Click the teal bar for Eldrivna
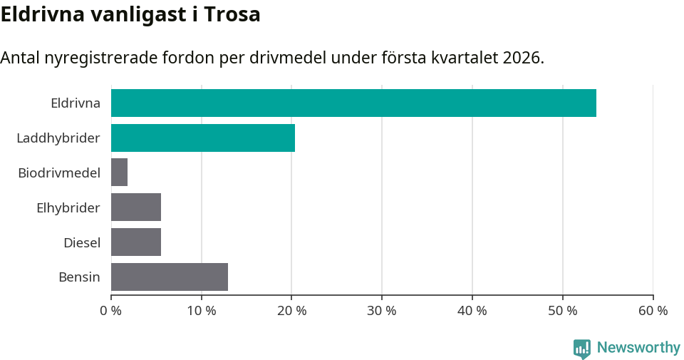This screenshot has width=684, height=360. (x=353, y=103)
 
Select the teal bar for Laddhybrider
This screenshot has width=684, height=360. (x=203, y=138)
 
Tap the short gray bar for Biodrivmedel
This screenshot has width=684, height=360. (x=119, y=173)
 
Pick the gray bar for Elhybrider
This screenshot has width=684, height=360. (x=136, y=207)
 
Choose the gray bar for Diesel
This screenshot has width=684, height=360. (x=136, y=242)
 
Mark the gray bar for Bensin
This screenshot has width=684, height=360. (x=170, y=277)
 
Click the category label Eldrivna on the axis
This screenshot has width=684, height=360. (x=76, y=103)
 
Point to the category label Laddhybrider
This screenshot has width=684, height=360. (x=58, y=138)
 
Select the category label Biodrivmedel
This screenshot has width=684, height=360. (x=59, y=173)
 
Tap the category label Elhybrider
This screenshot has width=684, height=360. (x=68, y=207)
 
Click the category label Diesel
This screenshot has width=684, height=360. (x=82, y=242)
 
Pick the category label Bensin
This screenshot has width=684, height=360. (x=79, y=277)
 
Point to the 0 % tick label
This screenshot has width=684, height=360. (x=111, y=311)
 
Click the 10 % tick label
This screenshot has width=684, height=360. (x=202, y=311)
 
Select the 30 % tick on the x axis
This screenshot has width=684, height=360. (x=382, y=311)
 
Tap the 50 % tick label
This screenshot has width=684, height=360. (x=563, y=311)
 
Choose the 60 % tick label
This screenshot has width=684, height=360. (x=653, y=311)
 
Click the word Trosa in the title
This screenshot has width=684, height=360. (x=232, y=14)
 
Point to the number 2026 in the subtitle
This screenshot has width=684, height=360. (x=521, y=58)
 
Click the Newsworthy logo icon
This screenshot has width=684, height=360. (x=582, y=348)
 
